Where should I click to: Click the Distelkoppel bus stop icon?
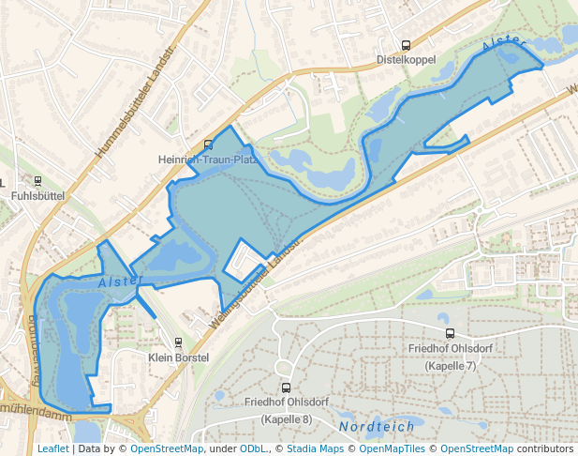click(x=406, y=45)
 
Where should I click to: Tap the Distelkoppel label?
click(x=406, y=59)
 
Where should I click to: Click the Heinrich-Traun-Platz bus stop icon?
click(x=208, y=144)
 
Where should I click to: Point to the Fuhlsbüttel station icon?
click(x=37, y=181)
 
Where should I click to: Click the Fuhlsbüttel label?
click(x=37, y=196)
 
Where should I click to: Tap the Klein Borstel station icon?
click(x=178, y=342)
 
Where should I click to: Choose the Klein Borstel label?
click(x=178, y=357)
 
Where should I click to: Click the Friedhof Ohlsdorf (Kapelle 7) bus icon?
click(x=451, y=333)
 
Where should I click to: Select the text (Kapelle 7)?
click(x=451, y=364)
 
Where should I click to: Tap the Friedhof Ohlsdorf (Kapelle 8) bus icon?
click(x=286, y=388)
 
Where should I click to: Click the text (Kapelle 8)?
click(x=286, y=418)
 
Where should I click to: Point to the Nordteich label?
click(x=377, y=426)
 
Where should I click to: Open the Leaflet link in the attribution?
click(x=52, y=448)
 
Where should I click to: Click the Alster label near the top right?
click(x=500, y=43)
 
